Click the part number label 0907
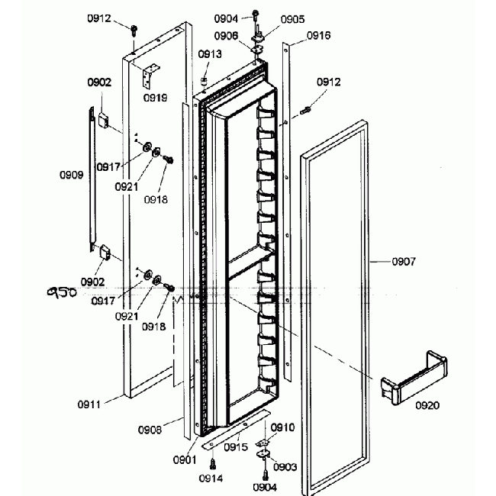(x=404, y=262)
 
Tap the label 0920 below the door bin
(x=427, y=405)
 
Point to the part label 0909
(x=72, y=175)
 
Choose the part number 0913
(x=210, y=53)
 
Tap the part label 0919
(x=156, y=98)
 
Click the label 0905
(x=292, y=19)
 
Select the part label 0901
(x=185, y=460)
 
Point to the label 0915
(x=236, y=447)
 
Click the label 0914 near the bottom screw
(x=211, y=478)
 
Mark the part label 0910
(x=282, y=427)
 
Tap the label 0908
(x=150, y=430)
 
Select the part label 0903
(x=285, y=466)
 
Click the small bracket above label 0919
(x=152, y=76)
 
